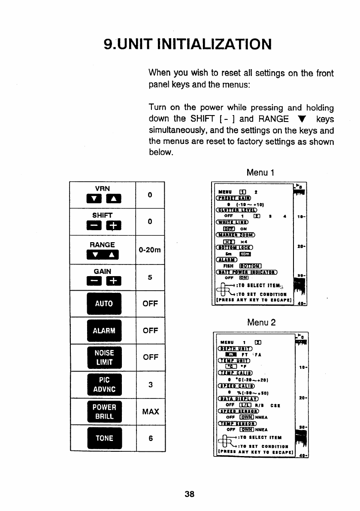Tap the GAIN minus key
coord(93,283)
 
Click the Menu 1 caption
coord(260,173)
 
